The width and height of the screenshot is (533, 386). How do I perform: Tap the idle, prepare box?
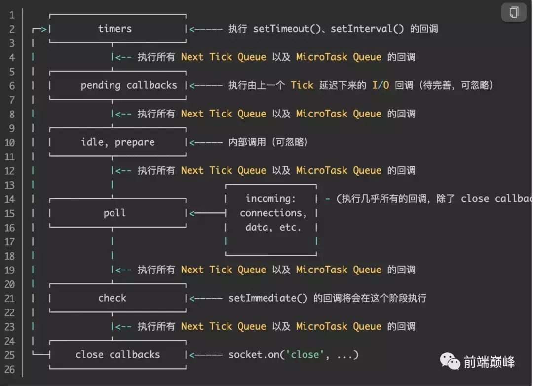(117, 142)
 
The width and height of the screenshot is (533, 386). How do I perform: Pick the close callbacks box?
(117, 354)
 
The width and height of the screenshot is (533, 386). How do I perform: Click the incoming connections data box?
(270, 213)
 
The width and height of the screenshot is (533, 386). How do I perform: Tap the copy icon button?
(514, 12)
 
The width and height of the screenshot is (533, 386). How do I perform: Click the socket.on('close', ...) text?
(293, 354)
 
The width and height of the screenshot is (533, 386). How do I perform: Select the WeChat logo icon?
(450, 362)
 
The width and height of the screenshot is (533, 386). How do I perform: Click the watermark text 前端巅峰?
(489, 362)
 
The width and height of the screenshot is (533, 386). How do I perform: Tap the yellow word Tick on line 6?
(302, 85)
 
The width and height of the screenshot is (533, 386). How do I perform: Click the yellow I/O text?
(380, 85)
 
